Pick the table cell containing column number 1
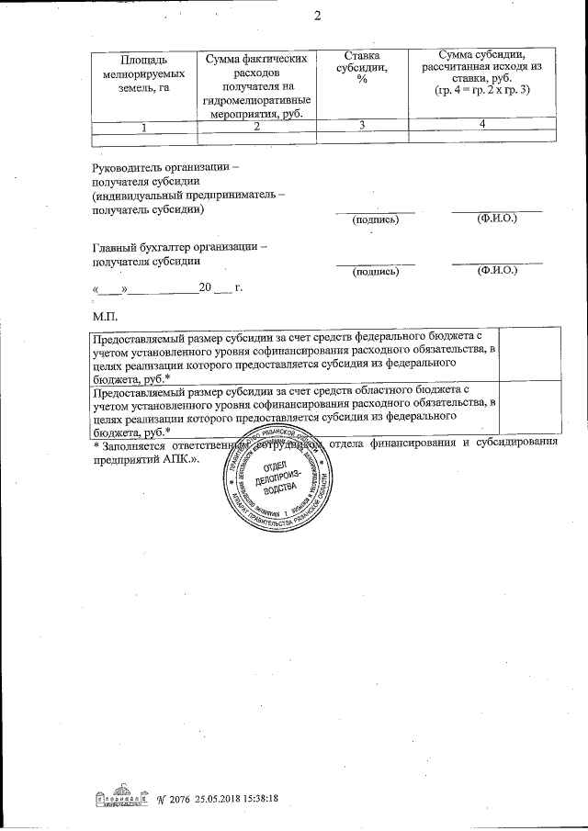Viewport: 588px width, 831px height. (x=144, y=126)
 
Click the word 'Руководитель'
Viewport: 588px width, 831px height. (x=130, y=168)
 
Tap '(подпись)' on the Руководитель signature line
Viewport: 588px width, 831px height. (x=375, y=220)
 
